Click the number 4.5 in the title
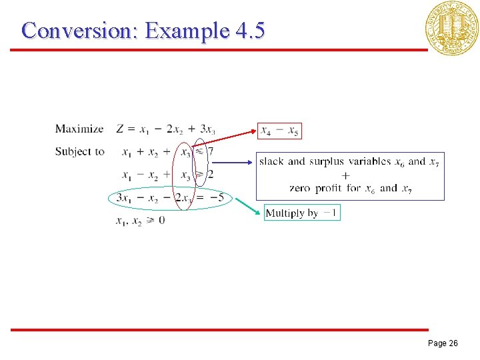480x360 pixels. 250,30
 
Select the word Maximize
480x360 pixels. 79,129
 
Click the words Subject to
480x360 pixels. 79,151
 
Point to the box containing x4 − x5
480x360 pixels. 279,130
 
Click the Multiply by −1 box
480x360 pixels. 302,213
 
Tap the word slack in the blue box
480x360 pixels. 271,161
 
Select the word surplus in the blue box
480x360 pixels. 327,161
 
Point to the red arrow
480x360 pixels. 224,140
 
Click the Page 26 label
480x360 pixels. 442,343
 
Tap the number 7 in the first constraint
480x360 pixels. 211,152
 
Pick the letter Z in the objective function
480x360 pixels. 120,129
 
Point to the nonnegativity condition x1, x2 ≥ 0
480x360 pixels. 140,220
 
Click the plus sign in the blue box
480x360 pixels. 345,175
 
